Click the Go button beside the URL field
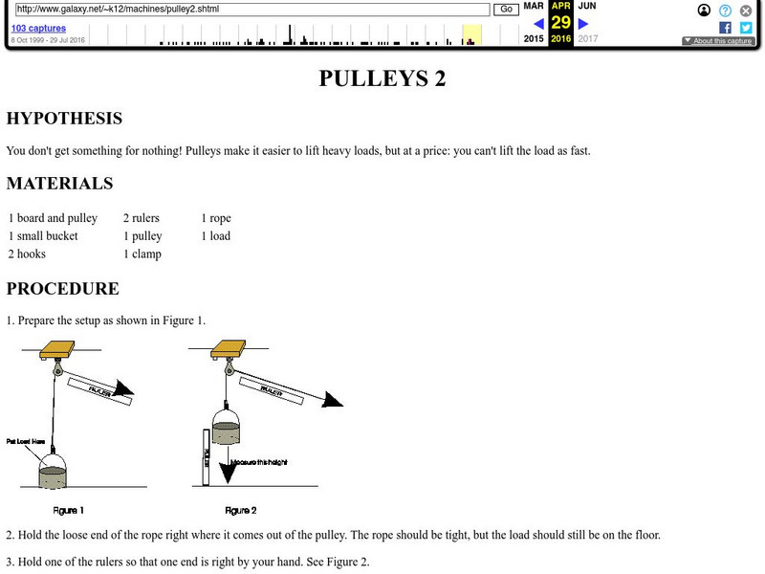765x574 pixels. tap(506, 10)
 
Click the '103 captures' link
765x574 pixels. tap(38, 29)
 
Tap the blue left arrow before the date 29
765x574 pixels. tap(539, 23)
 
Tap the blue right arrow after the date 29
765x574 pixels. tap(582, 23)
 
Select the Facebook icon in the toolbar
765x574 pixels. tap(726, 28)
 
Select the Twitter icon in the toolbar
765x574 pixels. tap(746, 28)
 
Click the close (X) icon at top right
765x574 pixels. tap(746, 11)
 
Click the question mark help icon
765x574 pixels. tap(726, 11)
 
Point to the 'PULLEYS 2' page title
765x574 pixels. tap(382, 78)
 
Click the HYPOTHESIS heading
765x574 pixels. tap(64, 119)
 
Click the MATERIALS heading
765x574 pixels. tap(59, 184)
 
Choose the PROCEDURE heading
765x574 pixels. tap(63, 289)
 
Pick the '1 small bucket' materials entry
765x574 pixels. tap(43, 236)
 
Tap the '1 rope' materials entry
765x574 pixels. tap(215, 218)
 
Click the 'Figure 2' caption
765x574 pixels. tap(240, 510)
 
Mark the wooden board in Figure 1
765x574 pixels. tap(57, 348)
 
